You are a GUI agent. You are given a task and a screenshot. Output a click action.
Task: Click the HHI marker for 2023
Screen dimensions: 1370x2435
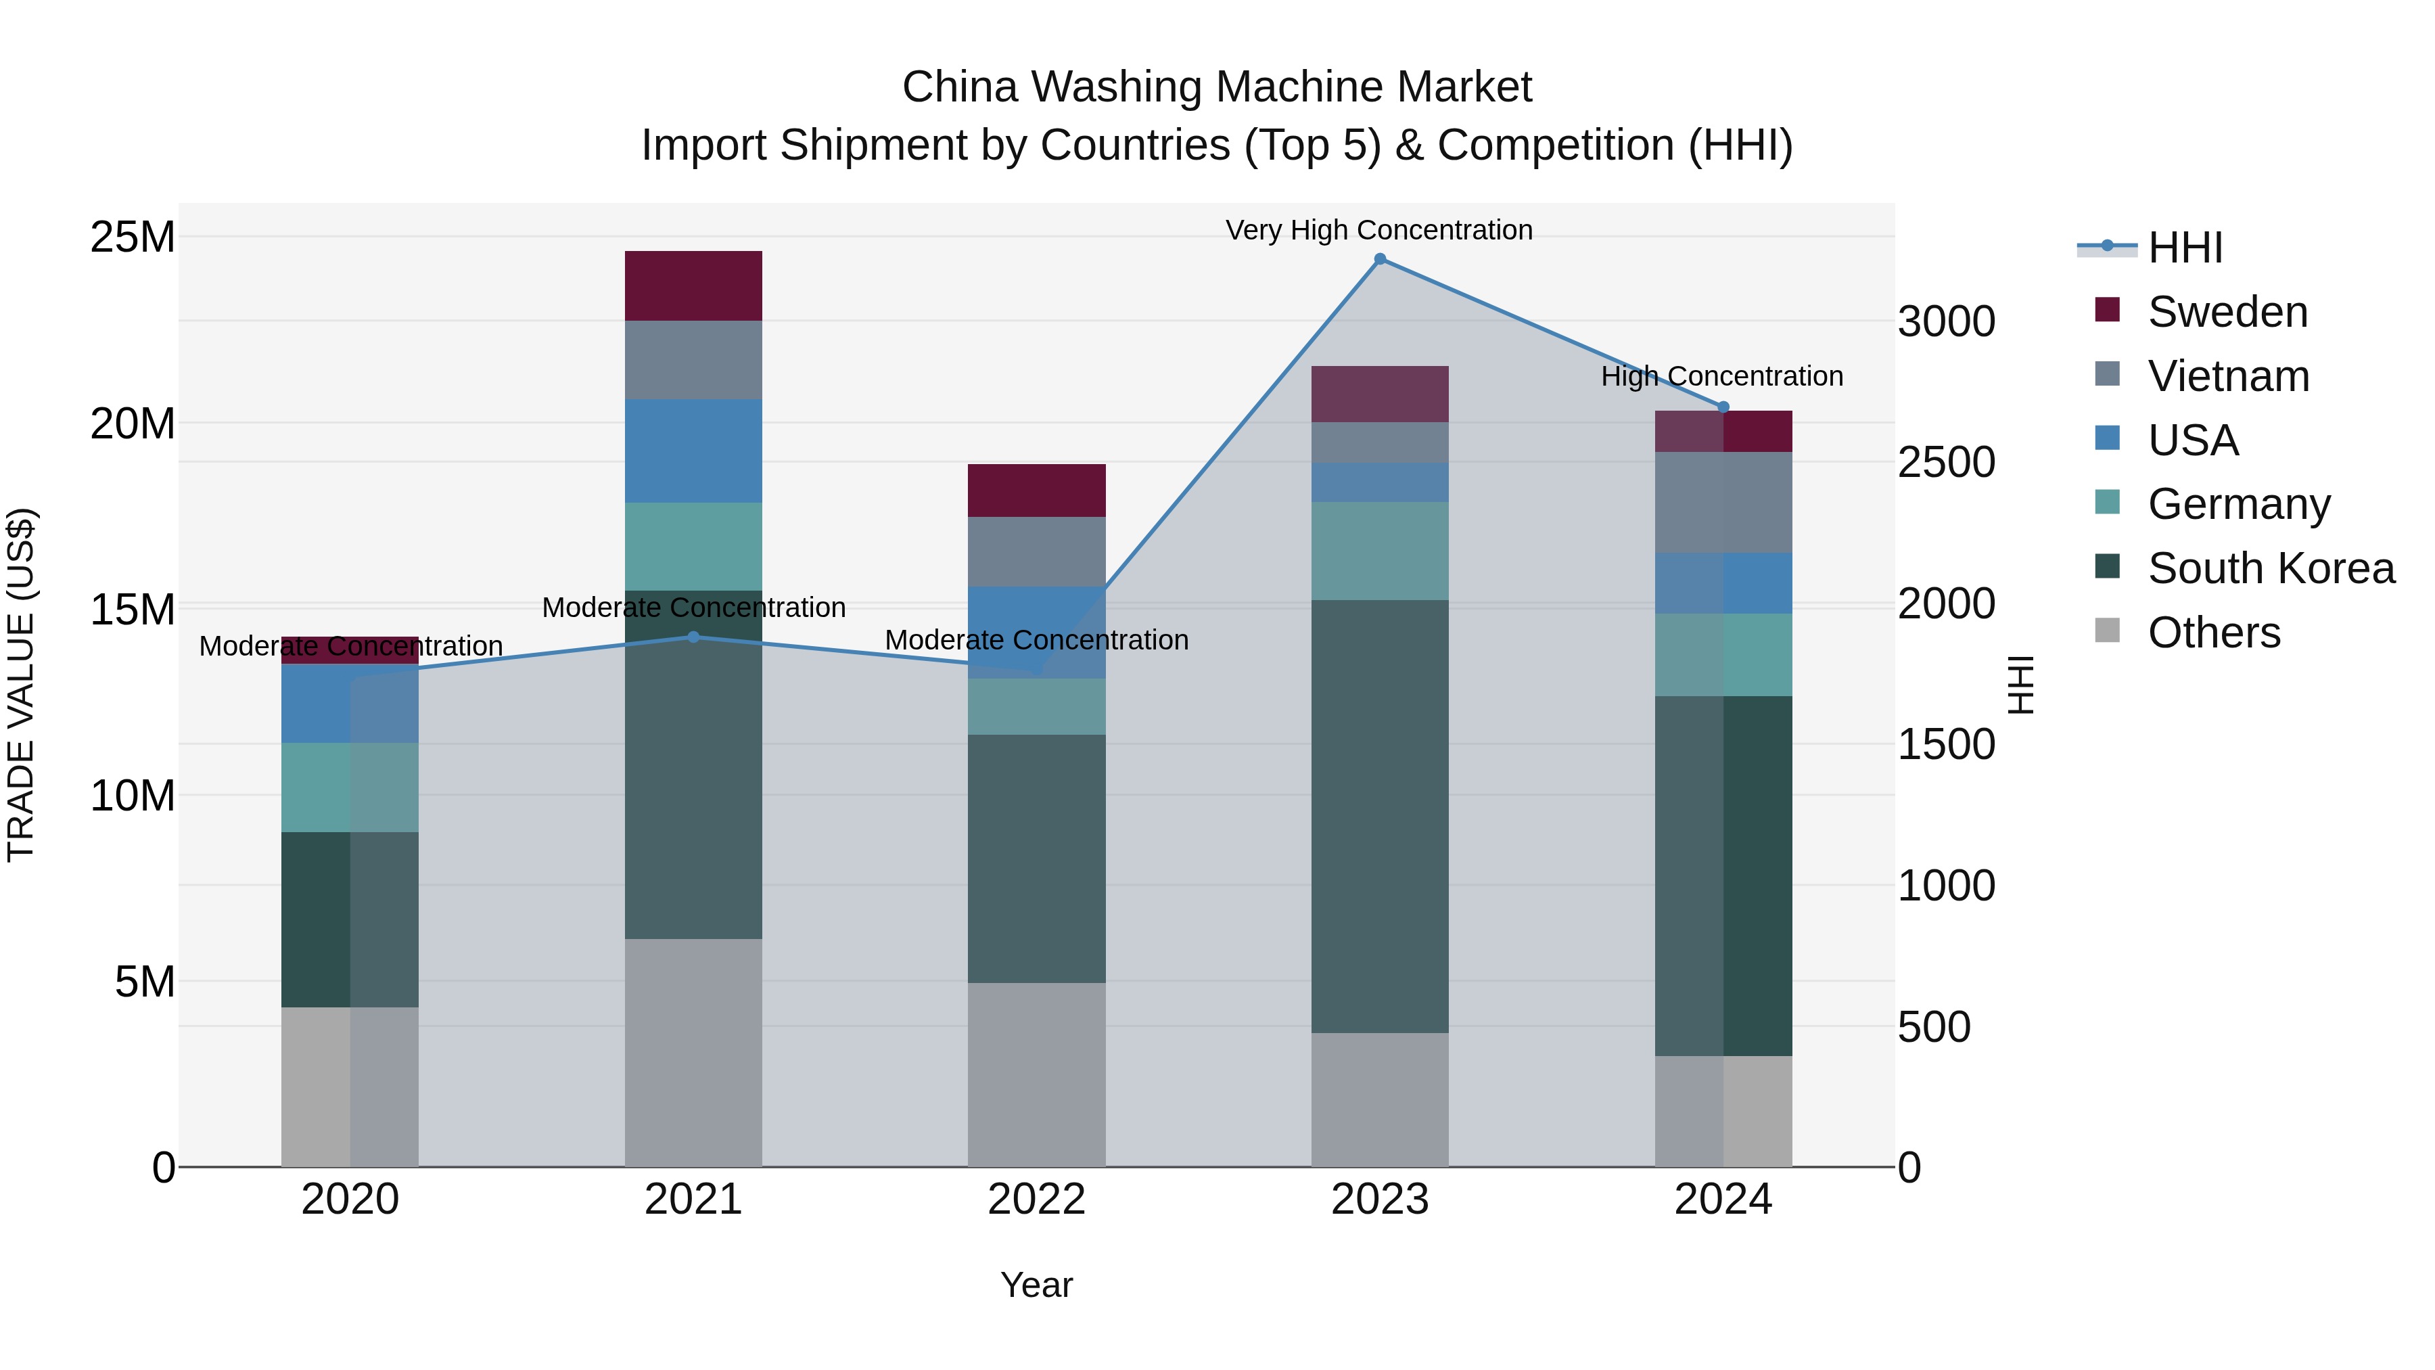click(1379, 259)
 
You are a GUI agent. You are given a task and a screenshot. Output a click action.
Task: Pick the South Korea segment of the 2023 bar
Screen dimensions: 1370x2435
click(1379, 815)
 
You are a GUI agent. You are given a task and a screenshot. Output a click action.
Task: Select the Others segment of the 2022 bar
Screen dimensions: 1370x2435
click(1036, 1074)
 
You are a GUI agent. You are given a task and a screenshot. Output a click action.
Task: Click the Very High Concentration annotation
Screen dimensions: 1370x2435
click(1378, 230)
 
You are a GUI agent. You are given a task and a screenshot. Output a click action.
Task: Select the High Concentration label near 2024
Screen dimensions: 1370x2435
click(1721, 376)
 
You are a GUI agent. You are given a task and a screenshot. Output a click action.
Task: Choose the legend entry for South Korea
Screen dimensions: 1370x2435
click(2271, 568)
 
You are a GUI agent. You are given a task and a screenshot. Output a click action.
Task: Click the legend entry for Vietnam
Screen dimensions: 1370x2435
click(2228, 376)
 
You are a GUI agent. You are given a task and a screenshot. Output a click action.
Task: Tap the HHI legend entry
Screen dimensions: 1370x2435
click(2185, 248)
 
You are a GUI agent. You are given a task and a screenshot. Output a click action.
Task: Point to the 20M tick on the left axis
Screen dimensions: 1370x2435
click(133, 424)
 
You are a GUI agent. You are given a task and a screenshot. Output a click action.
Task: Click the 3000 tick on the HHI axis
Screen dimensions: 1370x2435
click(1946, 321)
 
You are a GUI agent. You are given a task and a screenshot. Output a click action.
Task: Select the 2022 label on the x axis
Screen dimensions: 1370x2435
click(1036, 1200)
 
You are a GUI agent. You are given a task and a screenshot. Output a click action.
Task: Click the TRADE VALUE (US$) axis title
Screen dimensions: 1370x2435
click(21, 685)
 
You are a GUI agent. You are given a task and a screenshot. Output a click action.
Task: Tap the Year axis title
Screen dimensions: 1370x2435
click(1036, 1285)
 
